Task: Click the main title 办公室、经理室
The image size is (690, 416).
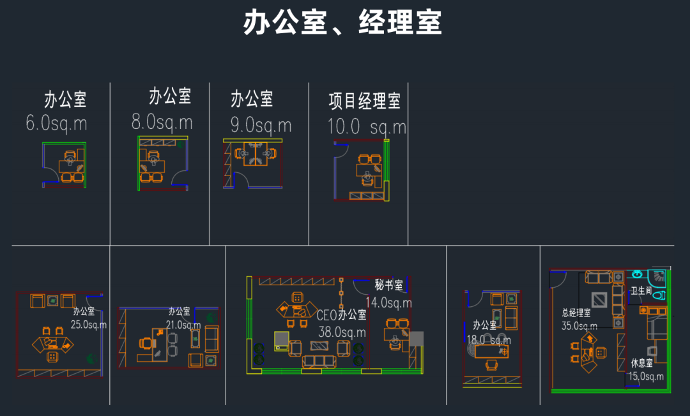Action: click(x=342, y=24)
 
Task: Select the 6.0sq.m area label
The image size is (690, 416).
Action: click(x=56, y=123)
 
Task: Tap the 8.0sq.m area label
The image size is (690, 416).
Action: click(x=162, y=121)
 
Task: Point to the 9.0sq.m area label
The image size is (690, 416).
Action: click(x=261, y=124)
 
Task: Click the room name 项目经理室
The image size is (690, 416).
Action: click(x=364, y=101)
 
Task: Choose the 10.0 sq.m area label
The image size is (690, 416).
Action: click(x=367, y=126)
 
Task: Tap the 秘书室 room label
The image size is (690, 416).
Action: click(x=388, y=285)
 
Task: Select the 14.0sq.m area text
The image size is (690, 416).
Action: click(x=388, y=302)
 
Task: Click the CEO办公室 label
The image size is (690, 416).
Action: click(x=342, y=315)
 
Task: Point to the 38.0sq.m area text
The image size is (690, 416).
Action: click(x=342, y=332)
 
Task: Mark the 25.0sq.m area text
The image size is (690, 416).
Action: click(x=88, y=325)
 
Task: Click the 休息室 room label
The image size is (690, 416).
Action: click(x=641, y=363)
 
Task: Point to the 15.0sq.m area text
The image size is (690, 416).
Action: click(x=646, y=376)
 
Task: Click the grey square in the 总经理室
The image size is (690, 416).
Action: click(x=599, y=299)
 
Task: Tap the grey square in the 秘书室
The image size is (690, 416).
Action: click(x=417, y=338)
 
